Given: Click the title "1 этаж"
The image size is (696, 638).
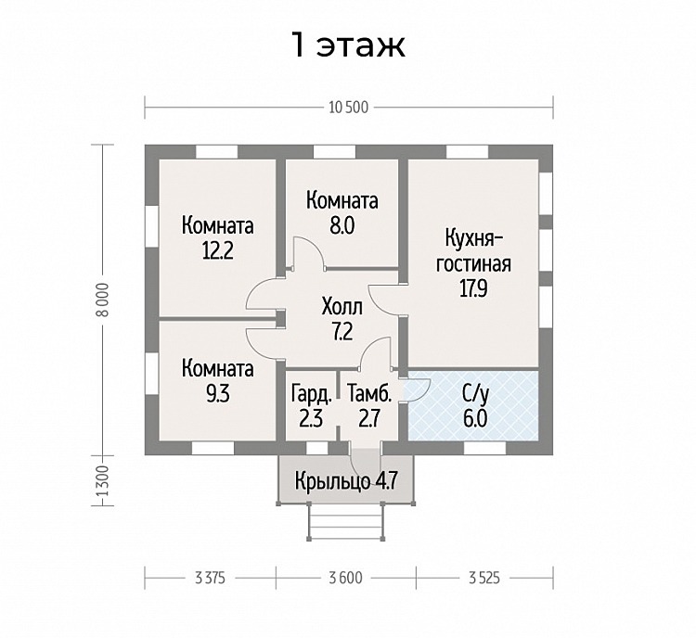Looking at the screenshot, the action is click(348, 45).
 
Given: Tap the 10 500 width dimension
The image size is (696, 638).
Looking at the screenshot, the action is click(348, 108).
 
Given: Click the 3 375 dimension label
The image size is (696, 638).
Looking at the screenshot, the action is click(210, 578).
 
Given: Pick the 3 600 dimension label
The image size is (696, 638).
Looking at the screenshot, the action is click(346, 578).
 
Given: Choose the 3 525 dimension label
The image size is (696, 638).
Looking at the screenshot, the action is click(484, 578).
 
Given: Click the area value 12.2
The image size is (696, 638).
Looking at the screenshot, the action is click(217, 251).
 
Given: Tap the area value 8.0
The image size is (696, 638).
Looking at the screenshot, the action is click(342, 226).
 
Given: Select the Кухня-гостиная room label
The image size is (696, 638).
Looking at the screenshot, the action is click(473, 250).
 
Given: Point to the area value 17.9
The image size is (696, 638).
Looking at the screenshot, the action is click(473, 288).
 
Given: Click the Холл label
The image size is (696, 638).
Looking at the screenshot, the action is click(342, 307).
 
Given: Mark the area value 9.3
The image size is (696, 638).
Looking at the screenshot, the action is click(217, 393).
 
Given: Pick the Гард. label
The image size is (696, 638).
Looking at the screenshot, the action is click(312, 393).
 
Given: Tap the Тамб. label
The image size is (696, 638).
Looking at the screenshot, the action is click(369, 393).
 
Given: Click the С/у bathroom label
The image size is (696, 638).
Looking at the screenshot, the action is click(475, 393).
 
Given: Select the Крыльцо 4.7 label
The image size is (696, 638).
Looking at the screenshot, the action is click(346, 480).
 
